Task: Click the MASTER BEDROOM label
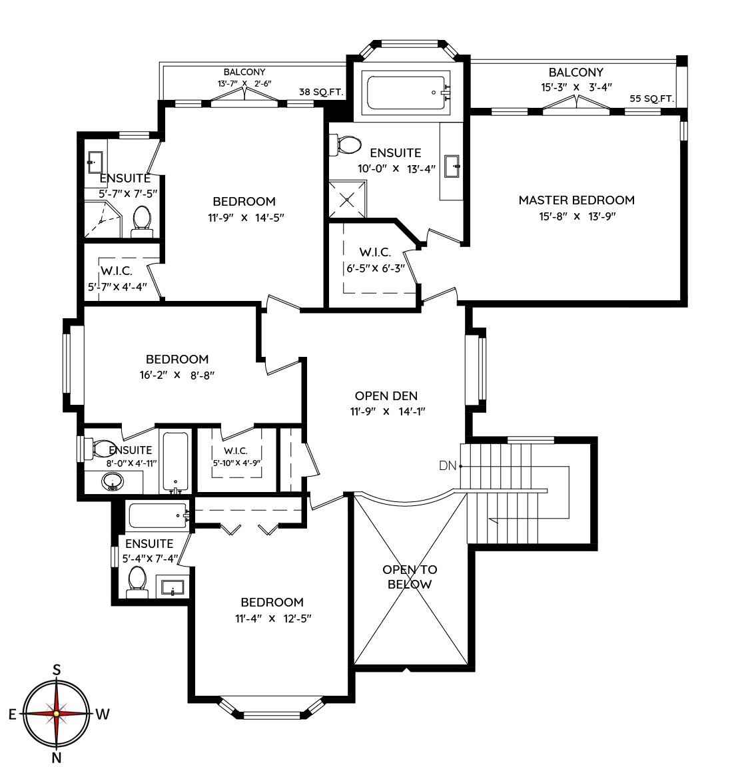577,200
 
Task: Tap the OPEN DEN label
386,395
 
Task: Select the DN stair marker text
448,465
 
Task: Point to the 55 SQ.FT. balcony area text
651,99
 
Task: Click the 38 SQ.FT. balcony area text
321,91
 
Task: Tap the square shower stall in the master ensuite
348,199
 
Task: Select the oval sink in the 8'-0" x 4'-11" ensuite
113,482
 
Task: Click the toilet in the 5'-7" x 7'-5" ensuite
142,221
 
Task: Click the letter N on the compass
56,758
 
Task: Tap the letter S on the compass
57,670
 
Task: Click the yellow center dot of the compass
57,714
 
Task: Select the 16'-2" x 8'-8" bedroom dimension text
177,376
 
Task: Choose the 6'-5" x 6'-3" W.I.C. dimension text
376,268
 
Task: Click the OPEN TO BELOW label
410,577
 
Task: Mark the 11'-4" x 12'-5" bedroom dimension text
273,619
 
